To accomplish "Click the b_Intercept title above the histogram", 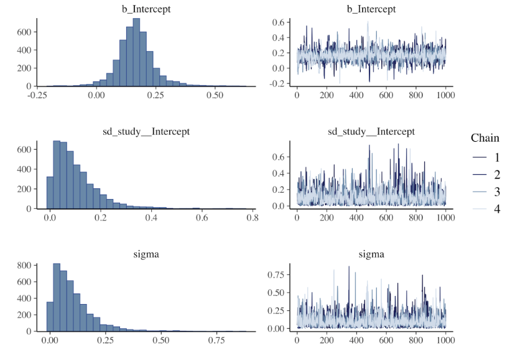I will pyautogui.click(x=146, y=9).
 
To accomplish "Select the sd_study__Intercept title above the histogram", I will pyautogui.click(x=146, y=131).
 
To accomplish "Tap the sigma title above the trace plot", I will pyautogui.click(x=371, y=254).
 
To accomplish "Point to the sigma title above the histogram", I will pyautogui.click(x=146, y=254).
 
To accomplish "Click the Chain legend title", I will pyautogui.click(x=485, y=137).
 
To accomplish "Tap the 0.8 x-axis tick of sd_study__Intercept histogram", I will pyautogui.click(x=252, y=218).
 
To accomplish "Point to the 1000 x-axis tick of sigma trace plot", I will pyautogui.click(x=445, y=341).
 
